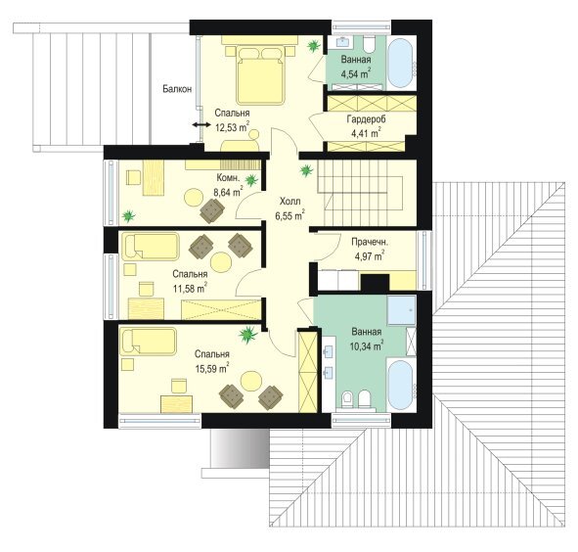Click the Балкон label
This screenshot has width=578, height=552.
[x=177, y=89]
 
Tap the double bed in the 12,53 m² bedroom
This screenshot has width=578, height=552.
[x=261, y=75]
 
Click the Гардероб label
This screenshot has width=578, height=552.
[x=366, y=119]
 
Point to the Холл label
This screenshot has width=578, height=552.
[x=290, y=202]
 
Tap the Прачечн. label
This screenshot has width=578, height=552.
[x=370, y=243]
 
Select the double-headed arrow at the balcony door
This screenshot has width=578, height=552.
[x=200, y=125]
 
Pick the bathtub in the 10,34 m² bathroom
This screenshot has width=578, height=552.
[x=400, y=385]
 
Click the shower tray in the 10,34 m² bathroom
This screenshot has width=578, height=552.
[x=402, y=310]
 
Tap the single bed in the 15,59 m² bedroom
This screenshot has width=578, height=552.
[x=149, y=342]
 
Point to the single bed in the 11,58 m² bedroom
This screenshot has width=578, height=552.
[x=151, y=246]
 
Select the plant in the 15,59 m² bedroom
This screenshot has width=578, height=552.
[x=247, y=335]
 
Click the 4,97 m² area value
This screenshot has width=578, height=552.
[x=370, y=255]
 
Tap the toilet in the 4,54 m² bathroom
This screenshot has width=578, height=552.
[x=369, y=44]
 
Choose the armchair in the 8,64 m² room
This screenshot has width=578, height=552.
[x=212, y=210]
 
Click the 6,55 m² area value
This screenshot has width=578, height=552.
[x=290, y=215]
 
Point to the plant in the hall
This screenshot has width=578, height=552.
[x=306, y=171]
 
